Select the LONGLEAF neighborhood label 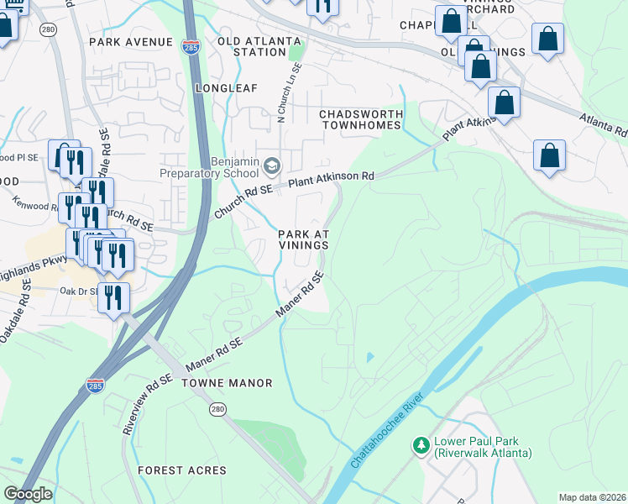(x=223, y=87)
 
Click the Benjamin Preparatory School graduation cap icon (x=270, y=163)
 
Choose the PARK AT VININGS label (x=303, y=239)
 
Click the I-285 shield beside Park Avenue (x=192, y=46)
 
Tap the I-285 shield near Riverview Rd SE (x=95, y=386)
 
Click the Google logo (x=28, y=494)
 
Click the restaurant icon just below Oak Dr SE (x=113, y=297)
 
